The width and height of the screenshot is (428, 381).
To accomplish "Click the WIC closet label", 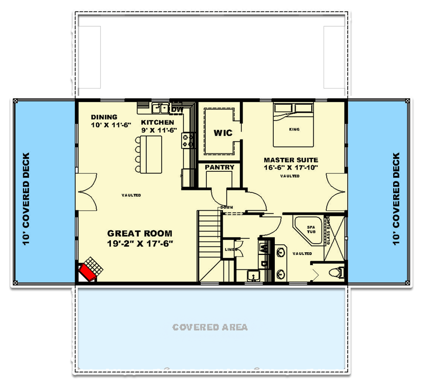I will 222,133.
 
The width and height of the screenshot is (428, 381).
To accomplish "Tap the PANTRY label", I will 220,167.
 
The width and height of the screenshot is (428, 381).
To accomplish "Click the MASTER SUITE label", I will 290,160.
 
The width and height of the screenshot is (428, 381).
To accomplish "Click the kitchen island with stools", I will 151,153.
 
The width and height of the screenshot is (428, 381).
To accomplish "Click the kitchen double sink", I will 159,109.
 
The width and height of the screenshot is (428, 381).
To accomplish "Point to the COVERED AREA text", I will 210,327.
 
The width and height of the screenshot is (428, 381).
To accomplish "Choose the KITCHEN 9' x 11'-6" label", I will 157,126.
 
